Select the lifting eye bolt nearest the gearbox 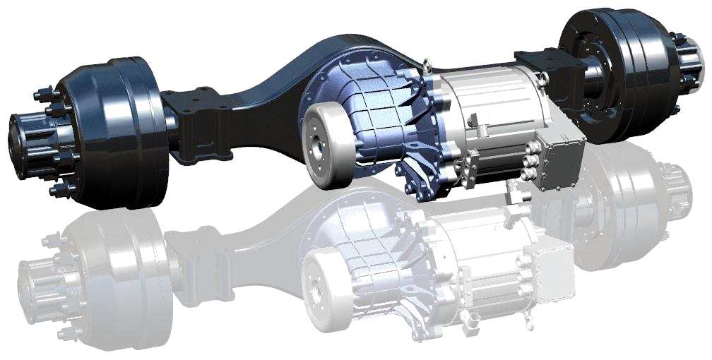(429, 66)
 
